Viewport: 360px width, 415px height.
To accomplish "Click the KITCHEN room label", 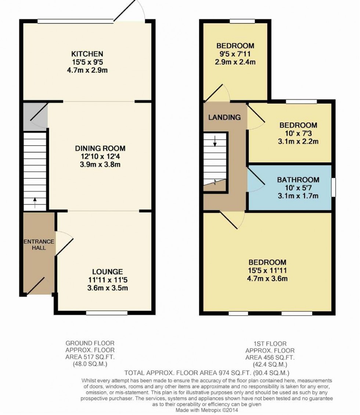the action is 87,54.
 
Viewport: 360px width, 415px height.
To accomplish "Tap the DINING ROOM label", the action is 100,148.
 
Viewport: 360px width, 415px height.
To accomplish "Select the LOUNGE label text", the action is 108,272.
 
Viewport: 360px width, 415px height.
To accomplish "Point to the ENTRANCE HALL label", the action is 39,244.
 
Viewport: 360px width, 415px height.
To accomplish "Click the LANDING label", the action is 224,117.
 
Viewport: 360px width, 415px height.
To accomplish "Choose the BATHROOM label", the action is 298,180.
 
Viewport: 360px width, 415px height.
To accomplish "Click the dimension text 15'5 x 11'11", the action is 267,270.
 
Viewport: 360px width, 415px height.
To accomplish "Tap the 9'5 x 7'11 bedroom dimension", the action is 235,54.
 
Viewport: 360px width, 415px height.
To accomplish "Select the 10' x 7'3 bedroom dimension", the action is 298,134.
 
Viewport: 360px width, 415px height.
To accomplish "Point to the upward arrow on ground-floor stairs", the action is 35,203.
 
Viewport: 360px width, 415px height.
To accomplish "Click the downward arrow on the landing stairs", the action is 215,141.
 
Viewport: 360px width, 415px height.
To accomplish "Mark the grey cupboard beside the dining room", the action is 35,117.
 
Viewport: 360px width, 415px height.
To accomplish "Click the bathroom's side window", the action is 334,188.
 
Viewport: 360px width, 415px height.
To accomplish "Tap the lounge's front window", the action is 107,313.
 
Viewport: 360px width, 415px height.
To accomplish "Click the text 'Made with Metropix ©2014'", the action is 206,410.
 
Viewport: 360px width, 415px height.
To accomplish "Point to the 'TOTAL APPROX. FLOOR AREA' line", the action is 206,373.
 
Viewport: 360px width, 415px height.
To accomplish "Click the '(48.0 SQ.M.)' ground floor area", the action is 90,364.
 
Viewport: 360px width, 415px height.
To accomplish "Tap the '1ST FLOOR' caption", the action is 270,344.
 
